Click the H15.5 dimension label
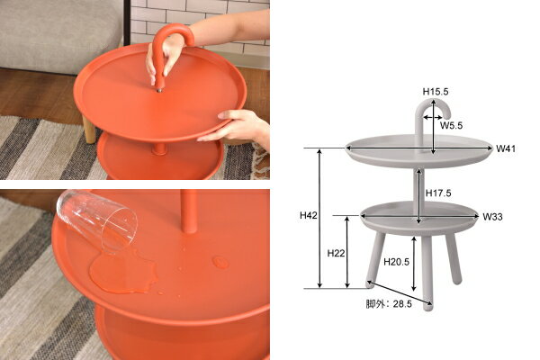pyautogui.click(x=436, y=92)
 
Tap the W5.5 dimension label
pyautogui.click(x=453, y=126)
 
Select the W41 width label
pyautogui.click(x=506, y=148)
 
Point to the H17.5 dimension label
pyautogui.click(x=439, y=193)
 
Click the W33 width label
pyautogui.click(x=492, y=217)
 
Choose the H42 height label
pyautogui.click(x=309, y=216)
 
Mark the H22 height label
pyautogui.click(x=336, y=253)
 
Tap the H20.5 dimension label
pyautogui.click(x=397, y=262)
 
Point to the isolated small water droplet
pyautogui.click(x=220, y=262)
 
